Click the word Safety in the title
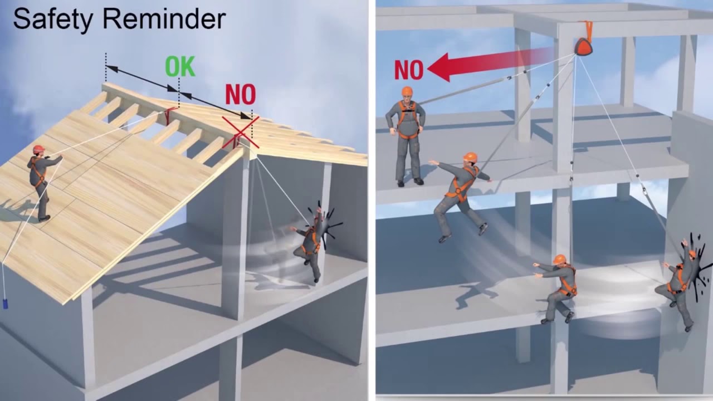(x=52, y=19)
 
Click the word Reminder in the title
(x=164, y=19)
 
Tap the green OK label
(x=180, y=66)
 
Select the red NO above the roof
(x=241, y=94)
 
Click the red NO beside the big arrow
(x=409, y=70)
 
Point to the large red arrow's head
(x=441, y=67)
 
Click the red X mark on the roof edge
(x=241, y=133)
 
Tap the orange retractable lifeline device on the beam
(x=583, y=47)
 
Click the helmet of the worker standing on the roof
(x=38, y=149)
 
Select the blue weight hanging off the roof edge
(x=5, y=304)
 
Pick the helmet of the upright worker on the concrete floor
(x=407, y=91)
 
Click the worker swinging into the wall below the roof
(x=310, y=243)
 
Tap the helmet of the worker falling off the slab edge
(x=470, y=157)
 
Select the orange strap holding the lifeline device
(x=587, y=31)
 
